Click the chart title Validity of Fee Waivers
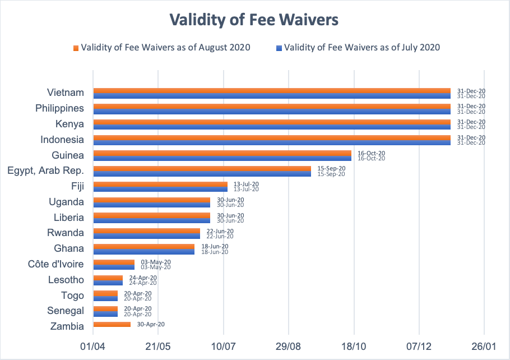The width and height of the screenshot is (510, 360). [x=254, y=20]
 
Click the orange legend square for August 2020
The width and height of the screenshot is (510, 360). [x=76, y=48]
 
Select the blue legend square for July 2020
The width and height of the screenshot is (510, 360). [x=279, y=48]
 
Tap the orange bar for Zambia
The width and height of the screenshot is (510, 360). [x=112, y=324]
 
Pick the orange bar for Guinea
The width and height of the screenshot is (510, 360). [x=222, y=153]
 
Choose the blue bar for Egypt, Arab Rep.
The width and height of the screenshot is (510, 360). [x=202, y=174]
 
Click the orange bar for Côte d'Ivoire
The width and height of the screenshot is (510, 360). [x=114, y=262]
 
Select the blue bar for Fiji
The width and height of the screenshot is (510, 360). [x=160, y=189]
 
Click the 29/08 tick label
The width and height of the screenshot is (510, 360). [x=288, y=347]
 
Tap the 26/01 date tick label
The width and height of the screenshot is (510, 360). [x=484, y=347]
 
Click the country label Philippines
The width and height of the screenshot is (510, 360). [x=59, y=108]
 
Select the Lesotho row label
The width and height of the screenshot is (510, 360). [x=66, y=280]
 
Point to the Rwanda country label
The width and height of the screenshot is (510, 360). [x=66, y=233]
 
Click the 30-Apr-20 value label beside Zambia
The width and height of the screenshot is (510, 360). [x=151, y=324]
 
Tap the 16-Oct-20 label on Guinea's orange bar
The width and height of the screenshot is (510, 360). [x=371, y=153]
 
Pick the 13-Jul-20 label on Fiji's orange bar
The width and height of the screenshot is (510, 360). [x=246, y=184]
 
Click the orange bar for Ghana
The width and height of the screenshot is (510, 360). [x=144, y=246]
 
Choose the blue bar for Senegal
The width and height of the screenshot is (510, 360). [x=105, y=314]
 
